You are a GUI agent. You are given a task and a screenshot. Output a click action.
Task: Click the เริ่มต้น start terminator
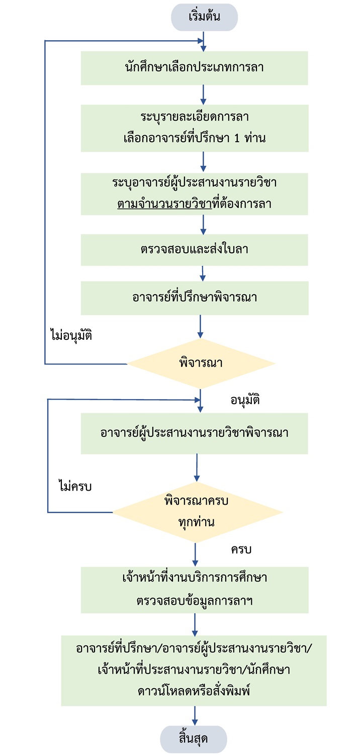(204, 18)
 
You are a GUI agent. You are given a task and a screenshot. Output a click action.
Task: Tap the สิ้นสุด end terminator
(194, 739)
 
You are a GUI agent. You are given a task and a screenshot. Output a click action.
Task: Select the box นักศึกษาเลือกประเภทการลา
(194, 67)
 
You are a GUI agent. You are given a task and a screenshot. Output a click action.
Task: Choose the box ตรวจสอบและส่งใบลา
(194, 250)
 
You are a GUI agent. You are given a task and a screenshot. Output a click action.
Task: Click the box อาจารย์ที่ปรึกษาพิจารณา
(194, 297)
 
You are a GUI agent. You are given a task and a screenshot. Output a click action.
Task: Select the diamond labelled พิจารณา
(201, 363)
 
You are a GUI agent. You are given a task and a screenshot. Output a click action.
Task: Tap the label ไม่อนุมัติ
(71, 335)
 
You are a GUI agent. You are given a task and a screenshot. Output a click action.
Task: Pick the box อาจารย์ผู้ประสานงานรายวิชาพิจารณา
(194, 433)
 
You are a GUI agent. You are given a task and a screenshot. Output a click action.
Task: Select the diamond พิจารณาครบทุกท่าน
(197, 512)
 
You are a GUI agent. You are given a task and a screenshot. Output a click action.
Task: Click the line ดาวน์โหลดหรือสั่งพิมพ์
(194, 691)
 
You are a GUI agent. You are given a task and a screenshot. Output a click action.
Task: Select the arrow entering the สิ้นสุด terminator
(194, 715)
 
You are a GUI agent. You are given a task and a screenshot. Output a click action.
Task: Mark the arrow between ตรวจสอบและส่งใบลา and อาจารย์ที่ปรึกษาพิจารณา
(202, 273)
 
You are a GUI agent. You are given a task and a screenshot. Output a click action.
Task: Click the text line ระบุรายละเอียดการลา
(194, 117)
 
